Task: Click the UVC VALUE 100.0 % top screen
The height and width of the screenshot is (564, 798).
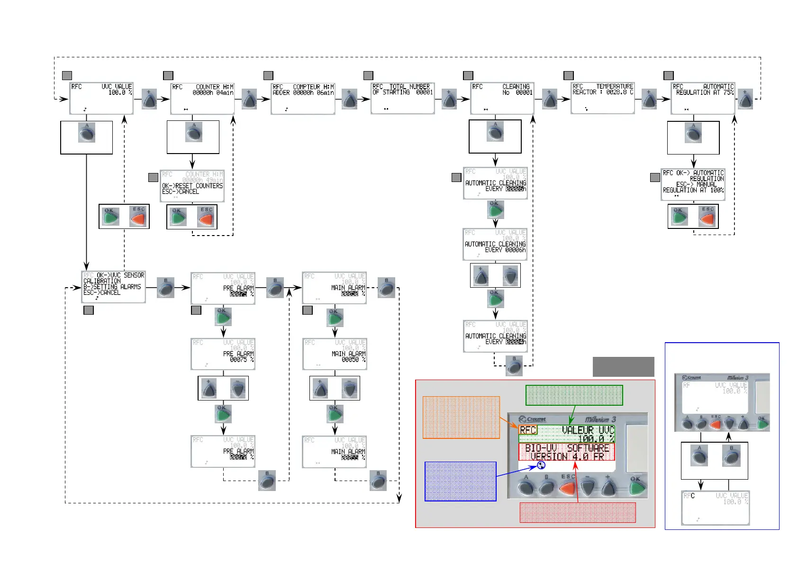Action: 101,98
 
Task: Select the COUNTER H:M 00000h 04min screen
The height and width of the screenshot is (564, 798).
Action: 202,98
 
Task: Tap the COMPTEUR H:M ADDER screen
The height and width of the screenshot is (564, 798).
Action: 303,98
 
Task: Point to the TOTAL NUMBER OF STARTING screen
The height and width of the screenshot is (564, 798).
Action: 403,98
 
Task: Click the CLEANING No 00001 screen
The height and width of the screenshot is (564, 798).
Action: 502,98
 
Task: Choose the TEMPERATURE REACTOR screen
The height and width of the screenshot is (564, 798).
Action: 603,98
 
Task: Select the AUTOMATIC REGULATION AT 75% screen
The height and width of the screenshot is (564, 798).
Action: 703,98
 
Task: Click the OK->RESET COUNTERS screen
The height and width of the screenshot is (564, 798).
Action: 192,186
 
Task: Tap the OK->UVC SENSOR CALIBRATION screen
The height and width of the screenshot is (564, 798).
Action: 113,287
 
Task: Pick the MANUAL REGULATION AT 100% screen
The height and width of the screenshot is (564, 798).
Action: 693,184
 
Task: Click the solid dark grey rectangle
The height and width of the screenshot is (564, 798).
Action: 623,367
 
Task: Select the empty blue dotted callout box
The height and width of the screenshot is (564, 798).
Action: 460,481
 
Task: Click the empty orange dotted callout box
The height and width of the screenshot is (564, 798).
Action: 461,417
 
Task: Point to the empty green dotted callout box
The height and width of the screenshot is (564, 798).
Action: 574,395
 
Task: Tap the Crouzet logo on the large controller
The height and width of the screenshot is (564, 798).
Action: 533,419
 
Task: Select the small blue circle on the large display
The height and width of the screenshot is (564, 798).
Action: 541,465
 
